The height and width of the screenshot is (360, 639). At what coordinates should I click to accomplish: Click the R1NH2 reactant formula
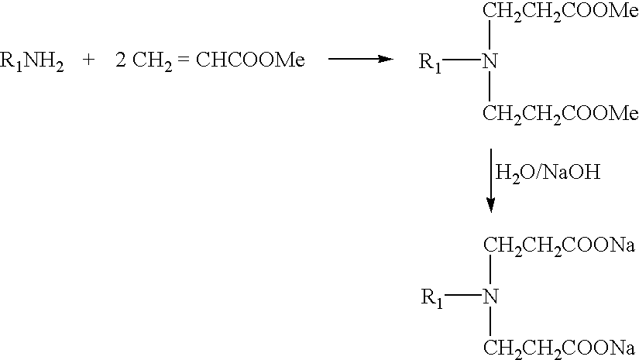coord(32,61)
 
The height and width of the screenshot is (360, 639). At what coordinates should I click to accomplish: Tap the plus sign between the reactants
coord(88,60)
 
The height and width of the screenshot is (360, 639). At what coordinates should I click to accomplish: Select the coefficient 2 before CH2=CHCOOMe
coord(121,60)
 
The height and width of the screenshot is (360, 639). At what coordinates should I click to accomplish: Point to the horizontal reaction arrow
coord(361,59)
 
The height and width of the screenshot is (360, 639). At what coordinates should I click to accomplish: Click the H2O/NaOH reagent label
coord(548,173)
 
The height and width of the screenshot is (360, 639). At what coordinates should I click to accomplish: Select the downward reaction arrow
coord(490,180)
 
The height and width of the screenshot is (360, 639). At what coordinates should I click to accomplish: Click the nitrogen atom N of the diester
coord(490,61)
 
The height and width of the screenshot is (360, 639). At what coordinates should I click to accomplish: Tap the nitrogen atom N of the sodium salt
coord(490,297)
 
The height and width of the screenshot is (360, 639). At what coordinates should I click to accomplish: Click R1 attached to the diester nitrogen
coord(430,63)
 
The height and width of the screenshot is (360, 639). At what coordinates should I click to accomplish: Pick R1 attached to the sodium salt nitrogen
coord(432,299)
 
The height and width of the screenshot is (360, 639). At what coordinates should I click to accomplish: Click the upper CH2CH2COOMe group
coord(561,12)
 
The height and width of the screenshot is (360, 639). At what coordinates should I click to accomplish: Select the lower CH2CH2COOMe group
coord(561,114)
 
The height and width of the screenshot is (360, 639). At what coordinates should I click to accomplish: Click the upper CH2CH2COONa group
coord(559,246)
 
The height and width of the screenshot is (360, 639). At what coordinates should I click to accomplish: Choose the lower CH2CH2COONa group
coord(559,349)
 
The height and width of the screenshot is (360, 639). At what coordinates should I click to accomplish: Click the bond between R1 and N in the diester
coord(462,60)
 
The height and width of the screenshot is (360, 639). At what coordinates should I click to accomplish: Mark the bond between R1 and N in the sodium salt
coord(464,295)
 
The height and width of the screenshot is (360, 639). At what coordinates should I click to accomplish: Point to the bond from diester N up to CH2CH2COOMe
coord(490,35)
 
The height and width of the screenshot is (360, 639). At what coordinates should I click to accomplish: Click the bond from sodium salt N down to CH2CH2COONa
coord(490,321)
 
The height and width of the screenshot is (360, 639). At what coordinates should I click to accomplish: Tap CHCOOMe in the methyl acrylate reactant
coord(250,60)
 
